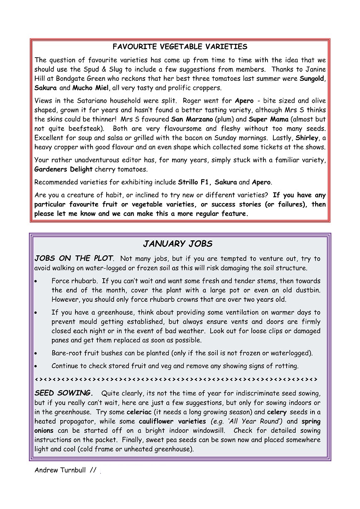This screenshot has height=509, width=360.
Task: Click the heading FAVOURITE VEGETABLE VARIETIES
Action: coord(180,47)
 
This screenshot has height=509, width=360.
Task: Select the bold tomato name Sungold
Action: coord(312,79)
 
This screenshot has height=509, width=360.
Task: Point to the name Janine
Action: coord(316,70)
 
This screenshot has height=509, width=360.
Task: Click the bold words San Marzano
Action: coord(192,119)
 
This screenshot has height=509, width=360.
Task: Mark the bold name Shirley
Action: coord(307,138)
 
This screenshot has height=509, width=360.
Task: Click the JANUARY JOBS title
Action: coord(178,243)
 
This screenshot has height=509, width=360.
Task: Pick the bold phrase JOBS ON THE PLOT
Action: coord(74,259)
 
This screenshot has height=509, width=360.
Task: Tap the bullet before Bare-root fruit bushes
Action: coord(37,354)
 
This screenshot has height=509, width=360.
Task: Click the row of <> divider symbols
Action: coord(176,379)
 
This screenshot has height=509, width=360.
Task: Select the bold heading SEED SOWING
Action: coord(63,393)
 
